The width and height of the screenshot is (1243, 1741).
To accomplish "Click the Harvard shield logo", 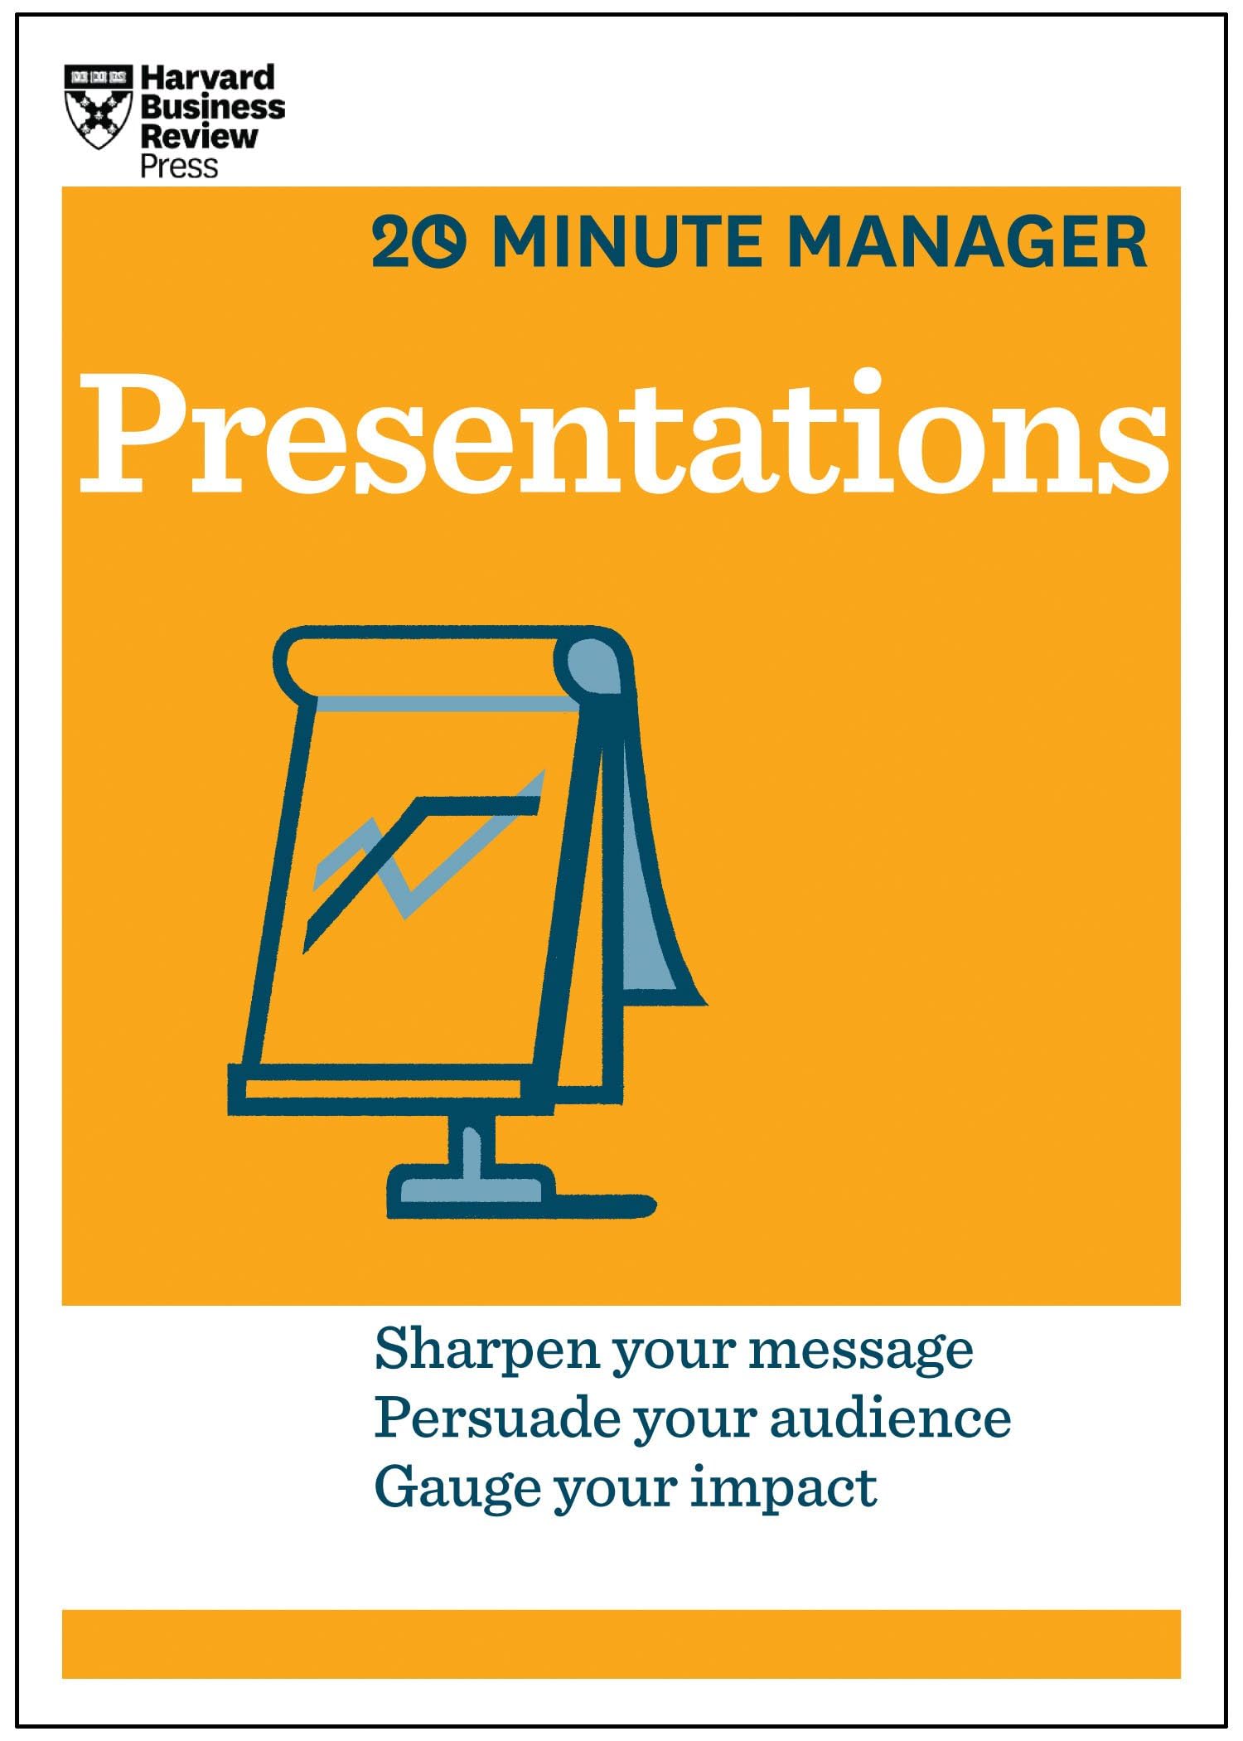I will point(98,108).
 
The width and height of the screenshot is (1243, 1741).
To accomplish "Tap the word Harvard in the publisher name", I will point(207,78).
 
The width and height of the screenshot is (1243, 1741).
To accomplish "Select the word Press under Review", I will point(178,166).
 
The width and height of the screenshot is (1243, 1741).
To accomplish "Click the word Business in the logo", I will point(212,107).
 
